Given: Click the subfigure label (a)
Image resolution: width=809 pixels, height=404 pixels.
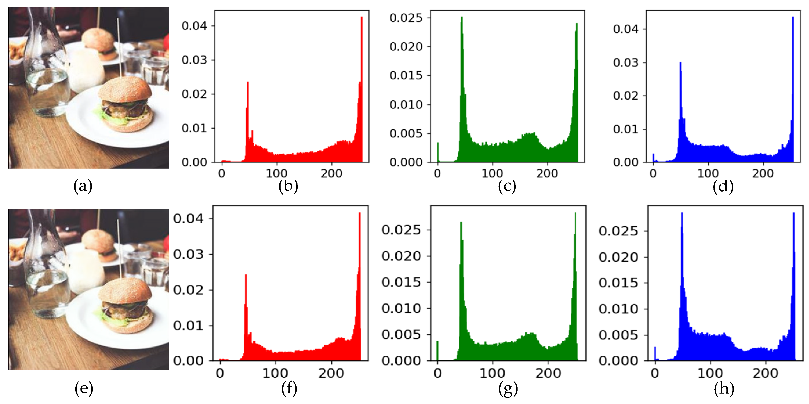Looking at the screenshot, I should click(83, 186).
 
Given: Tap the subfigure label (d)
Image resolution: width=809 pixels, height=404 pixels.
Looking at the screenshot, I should click(723, 187).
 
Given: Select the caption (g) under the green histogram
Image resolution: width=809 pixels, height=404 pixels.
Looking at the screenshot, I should click(508, 389).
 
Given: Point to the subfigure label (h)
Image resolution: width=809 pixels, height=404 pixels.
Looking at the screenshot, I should click(724, 389).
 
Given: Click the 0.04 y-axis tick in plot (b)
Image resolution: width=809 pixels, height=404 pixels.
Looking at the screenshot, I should click(194, 26).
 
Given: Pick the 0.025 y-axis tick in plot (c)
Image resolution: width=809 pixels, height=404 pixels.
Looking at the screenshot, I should click(406, 18).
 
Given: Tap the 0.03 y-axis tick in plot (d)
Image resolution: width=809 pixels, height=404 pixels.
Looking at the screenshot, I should click(626, 62).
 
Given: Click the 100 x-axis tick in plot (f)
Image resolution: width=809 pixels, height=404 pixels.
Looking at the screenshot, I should click(275, 373).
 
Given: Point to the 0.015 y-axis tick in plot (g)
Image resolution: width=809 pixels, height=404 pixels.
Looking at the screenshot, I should click(401, 282).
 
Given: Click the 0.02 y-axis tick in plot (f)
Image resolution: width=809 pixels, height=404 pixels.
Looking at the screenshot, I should click(187, 290).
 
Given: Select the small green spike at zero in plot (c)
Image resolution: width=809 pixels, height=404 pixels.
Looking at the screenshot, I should click(438, 143).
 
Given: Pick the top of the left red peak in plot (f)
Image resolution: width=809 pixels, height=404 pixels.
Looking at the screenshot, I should click(246, 275).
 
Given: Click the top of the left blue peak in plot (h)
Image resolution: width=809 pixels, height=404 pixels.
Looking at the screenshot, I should click(682, 213).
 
